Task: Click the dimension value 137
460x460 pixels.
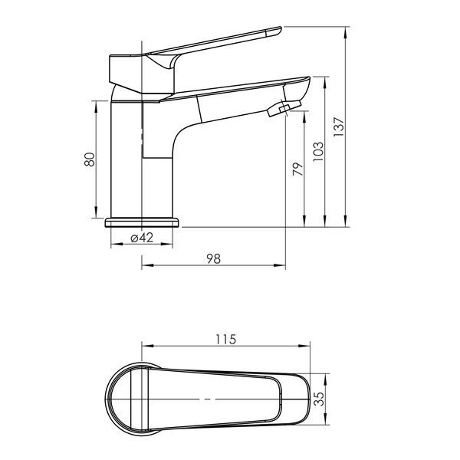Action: [339, 127]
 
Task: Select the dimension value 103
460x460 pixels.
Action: [318, 151]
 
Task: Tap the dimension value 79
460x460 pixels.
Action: [297, 169]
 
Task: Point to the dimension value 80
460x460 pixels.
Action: [90, 159]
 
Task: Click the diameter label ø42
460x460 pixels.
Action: [142, 238]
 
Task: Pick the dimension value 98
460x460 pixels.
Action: [214, 259]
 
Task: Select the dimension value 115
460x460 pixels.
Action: [226, 339]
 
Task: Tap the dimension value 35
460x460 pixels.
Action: [320, 399]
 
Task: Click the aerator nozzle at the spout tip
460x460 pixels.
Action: [284, 109]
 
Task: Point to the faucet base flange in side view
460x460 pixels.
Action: [141, 222]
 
